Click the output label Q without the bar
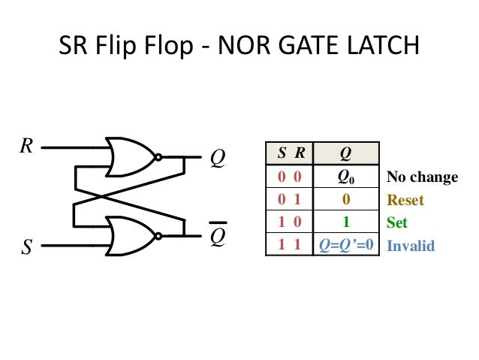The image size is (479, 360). (218, 159)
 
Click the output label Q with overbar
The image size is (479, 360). (218, 237)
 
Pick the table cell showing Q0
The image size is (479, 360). (345, 177)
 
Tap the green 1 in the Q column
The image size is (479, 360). (345, 222)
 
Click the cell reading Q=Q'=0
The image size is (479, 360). (345, 246)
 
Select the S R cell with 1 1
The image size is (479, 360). (291, 246)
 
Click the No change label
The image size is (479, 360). (422, 177)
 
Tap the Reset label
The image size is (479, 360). (405, 201)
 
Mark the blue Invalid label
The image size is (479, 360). (410, 246)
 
